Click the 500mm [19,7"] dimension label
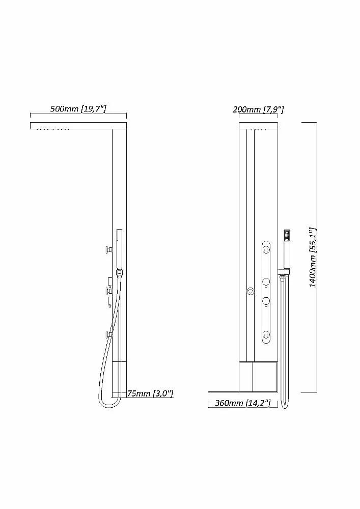tap(78, 108)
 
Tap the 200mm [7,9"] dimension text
tap(258, 109)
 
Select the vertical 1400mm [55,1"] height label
tap(312, 257)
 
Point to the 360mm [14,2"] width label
tap(242, 403)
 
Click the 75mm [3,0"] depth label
tap(150, 393)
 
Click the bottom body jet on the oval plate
tap(266, 334)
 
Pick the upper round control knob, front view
tap(266, 282)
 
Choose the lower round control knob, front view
tap(266, 301)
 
